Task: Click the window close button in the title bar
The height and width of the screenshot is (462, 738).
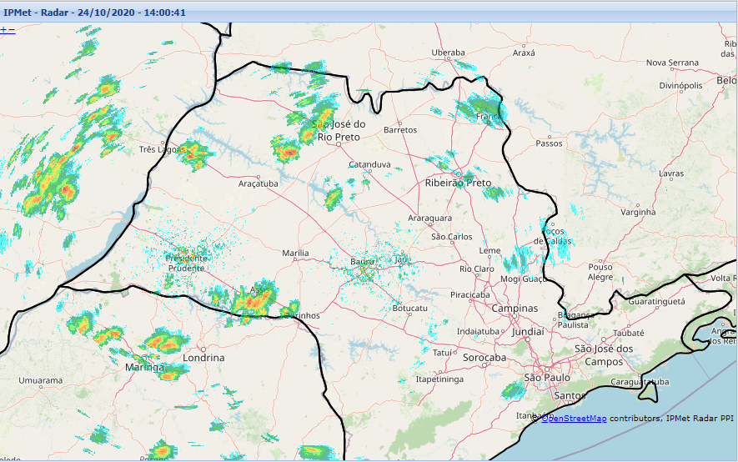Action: coord(729,13)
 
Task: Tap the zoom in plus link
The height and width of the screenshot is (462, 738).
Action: coord(3,30)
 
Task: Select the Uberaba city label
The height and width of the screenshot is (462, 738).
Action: coord(448,53)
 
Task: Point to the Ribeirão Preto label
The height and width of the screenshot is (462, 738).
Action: coord(458,182)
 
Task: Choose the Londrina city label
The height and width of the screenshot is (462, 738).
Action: coord(203,357)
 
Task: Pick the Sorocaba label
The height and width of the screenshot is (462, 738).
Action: coord(484,357)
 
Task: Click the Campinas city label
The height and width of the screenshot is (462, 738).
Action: coord(515,308)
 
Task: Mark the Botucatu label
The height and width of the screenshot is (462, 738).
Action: coord(409,309)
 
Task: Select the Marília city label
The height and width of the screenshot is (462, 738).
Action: coord(295,253)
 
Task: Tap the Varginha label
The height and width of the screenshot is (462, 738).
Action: coord(639,212)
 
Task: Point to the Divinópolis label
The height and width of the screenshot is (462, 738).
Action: coord(682,85)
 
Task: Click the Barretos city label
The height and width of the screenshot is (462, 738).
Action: coord(399,130)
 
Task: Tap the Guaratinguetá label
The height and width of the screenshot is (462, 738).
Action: coord(656,300)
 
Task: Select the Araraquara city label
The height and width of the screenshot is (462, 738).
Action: coord(429,218)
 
